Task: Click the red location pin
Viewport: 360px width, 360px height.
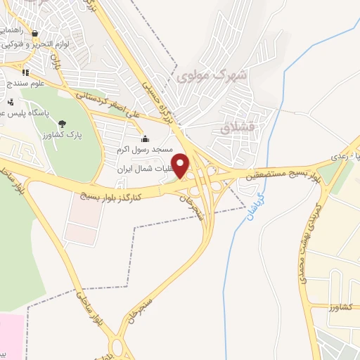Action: [181, 165]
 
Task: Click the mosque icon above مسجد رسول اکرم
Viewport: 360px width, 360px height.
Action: [146, 139]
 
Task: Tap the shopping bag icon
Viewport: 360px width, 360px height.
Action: [34, 33]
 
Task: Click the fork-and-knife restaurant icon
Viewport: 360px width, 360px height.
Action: [26, 72]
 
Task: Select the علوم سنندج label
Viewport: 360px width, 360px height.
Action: [27, 84]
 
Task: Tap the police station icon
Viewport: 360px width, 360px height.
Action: [11, 101]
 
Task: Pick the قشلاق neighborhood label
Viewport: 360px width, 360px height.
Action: [234, 129]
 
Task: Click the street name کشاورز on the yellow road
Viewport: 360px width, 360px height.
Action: [342, 307]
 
